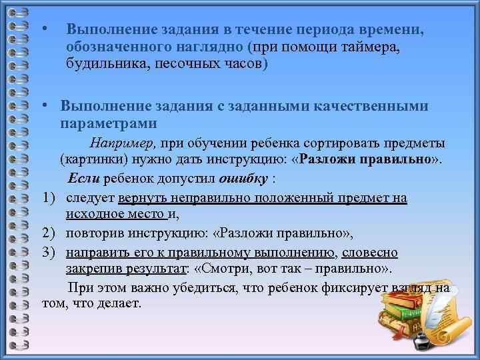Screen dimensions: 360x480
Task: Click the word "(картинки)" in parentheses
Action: coord(89,161)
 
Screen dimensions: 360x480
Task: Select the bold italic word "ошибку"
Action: coord(247,179)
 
